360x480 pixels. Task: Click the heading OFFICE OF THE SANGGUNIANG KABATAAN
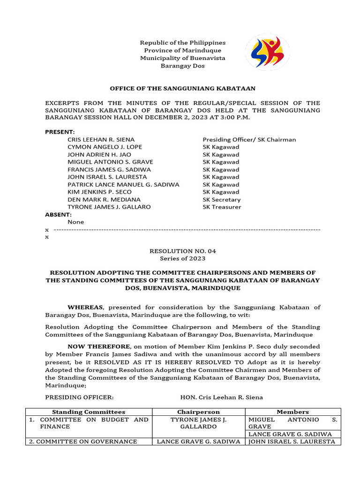coord(183,88)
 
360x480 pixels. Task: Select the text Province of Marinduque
coord(183,50)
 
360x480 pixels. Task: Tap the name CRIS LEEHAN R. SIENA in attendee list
coord(101,139)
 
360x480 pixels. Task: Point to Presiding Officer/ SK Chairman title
coord(249,139)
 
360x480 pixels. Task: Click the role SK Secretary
coord(221,199)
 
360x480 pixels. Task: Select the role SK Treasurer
coord(222,207)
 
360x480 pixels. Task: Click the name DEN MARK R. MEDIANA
coord(104,199)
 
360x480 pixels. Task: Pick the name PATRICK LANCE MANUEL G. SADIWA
coord(123,184)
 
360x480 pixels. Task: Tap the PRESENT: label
coord(60,132)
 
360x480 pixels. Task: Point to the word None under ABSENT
coord(75,222)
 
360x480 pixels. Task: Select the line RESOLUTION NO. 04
coord(183,251)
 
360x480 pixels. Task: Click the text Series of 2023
coord(183,258)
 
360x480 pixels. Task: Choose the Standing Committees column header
coord(89,412)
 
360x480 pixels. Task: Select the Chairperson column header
coord(198,412)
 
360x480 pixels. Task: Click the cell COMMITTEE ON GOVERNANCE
coord(83,441)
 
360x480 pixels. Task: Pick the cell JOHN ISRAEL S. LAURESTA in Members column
coord(292,441)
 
